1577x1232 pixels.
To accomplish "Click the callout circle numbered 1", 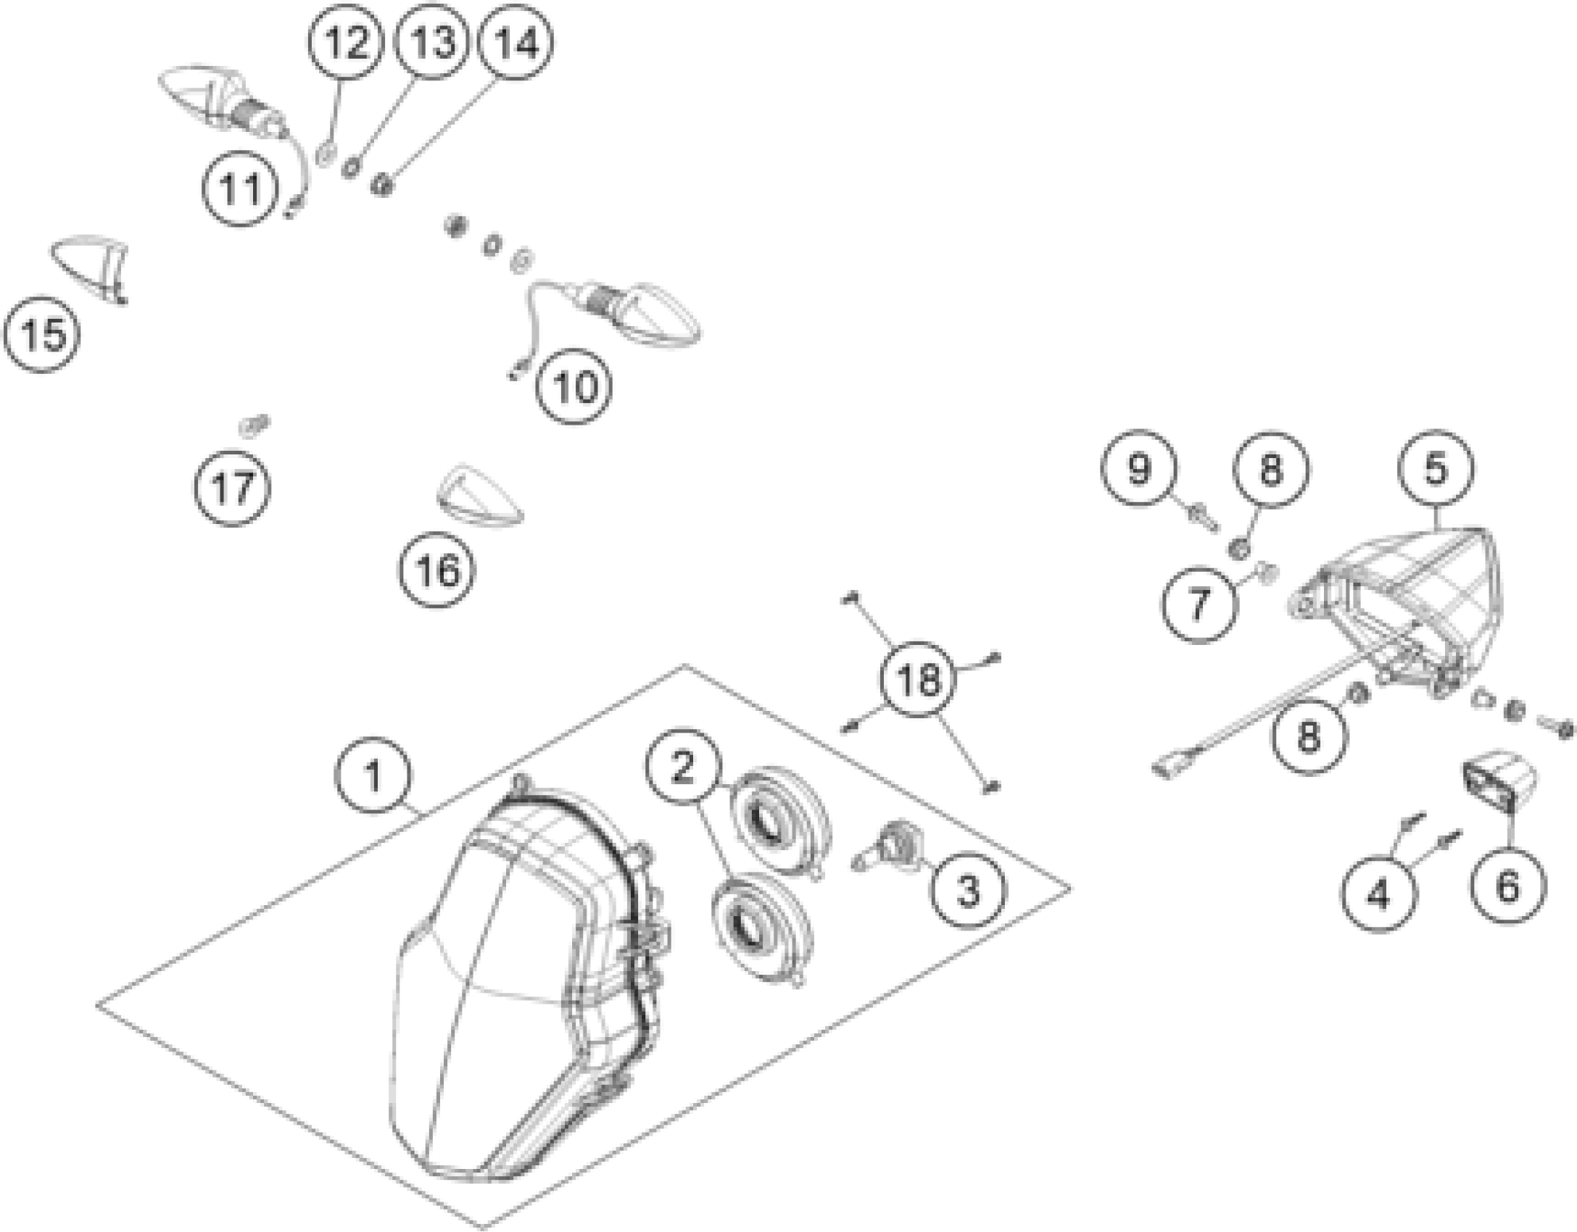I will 373,776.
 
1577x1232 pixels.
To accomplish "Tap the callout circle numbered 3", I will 969,889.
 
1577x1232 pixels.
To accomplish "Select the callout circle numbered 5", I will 1436,468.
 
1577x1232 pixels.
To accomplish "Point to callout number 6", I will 1507,886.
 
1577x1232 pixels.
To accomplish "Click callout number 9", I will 1138,468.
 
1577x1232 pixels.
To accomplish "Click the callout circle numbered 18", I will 918,679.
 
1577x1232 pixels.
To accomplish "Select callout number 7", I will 1200,603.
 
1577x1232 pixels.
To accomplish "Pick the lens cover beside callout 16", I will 479,496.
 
